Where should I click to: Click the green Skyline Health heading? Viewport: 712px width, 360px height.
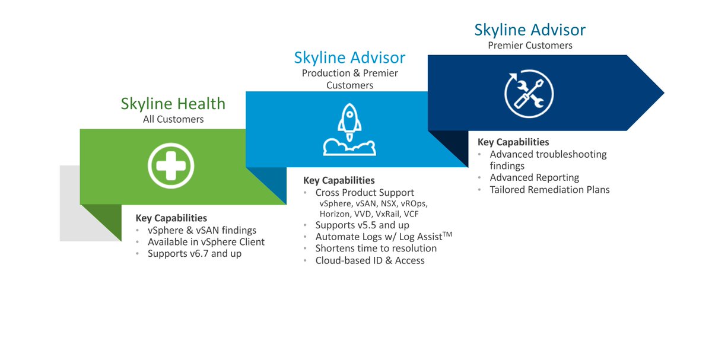click(x=173, y=104)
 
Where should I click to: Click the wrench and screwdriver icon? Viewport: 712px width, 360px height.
click(x=529, y=94)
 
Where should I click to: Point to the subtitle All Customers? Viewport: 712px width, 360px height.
click(x=173, y=119)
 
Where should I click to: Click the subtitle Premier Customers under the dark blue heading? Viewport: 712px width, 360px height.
click(x=530, y=45)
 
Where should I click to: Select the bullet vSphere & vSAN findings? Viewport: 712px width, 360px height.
click(x=202, y=230)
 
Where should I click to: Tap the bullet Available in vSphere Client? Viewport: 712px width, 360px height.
click(x=206, y=242)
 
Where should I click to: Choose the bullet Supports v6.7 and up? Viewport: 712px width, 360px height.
click(x=195, y=254)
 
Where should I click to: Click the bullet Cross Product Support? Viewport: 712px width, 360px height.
click(x=364, y=193)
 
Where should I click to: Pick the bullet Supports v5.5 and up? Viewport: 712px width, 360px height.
click(x=362, y=225)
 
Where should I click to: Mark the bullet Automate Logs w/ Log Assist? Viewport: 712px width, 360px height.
click(x=383, y=237)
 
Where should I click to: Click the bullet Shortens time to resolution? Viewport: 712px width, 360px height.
click(x=376, y=249)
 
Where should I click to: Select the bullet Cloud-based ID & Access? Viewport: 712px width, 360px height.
click(x=370, y=260)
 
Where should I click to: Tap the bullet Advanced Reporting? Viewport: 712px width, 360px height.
click(x=534, y=177)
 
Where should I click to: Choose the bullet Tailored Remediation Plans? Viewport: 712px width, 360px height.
click(x=549, y=190)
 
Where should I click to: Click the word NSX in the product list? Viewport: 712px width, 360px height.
click(x=390, y=203)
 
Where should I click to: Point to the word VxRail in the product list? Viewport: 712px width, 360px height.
click(x=387, y=214)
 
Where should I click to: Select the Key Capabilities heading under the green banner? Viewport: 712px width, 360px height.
click(x=171, y=218)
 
